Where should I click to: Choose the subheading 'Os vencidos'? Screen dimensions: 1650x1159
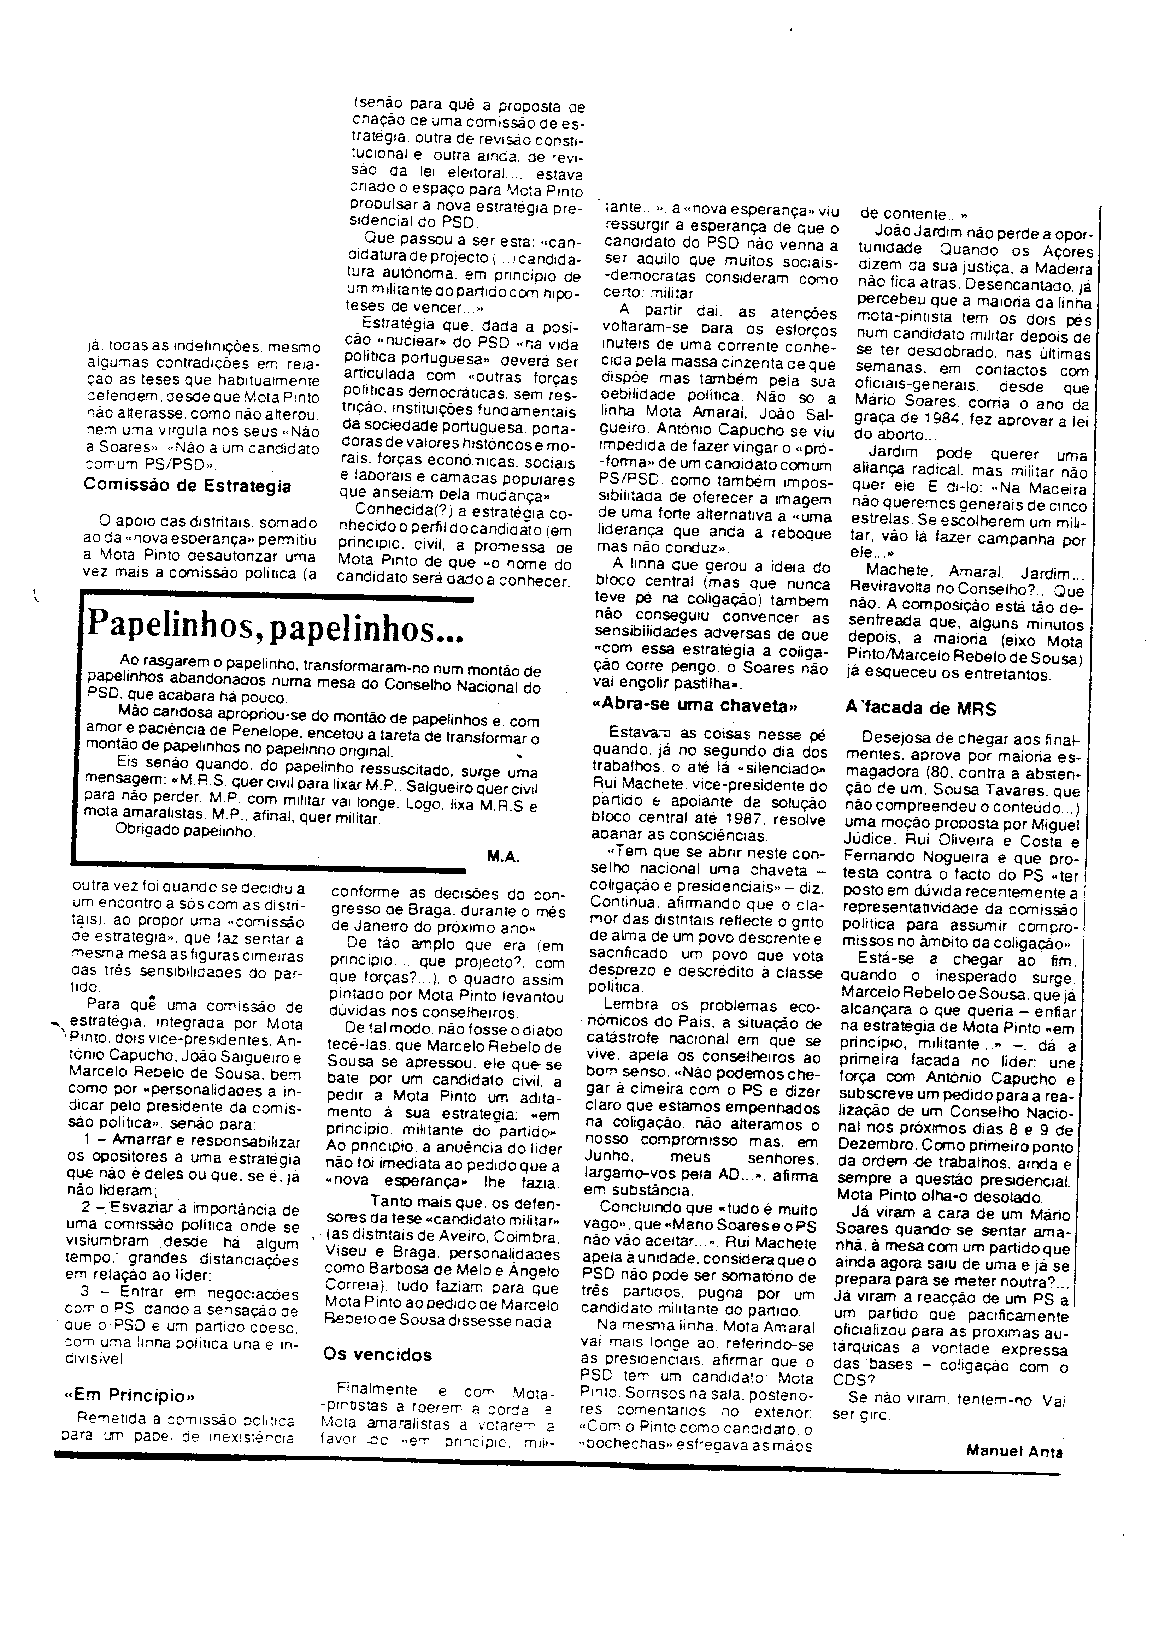tap(377, 1355)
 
